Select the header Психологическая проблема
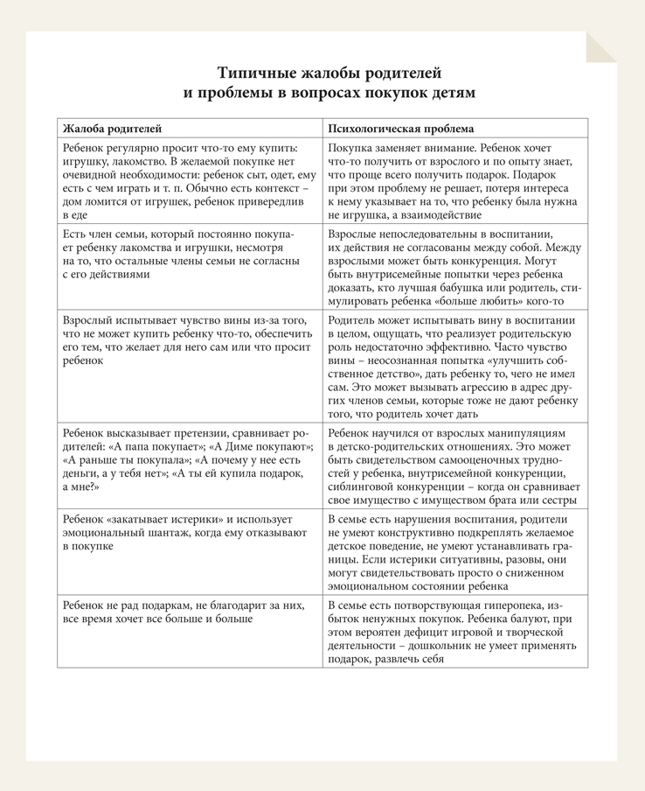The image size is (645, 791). (401, 128)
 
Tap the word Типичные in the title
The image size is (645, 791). (260, 72)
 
